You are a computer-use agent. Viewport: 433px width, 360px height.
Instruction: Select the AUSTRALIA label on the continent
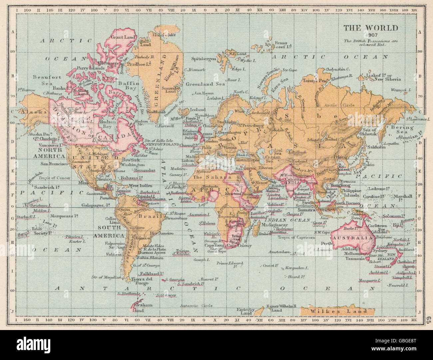click(x=353, y=238)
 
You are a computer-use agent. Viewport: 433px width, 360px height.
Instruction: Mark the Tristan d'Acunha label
click(x=182, y=251)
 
